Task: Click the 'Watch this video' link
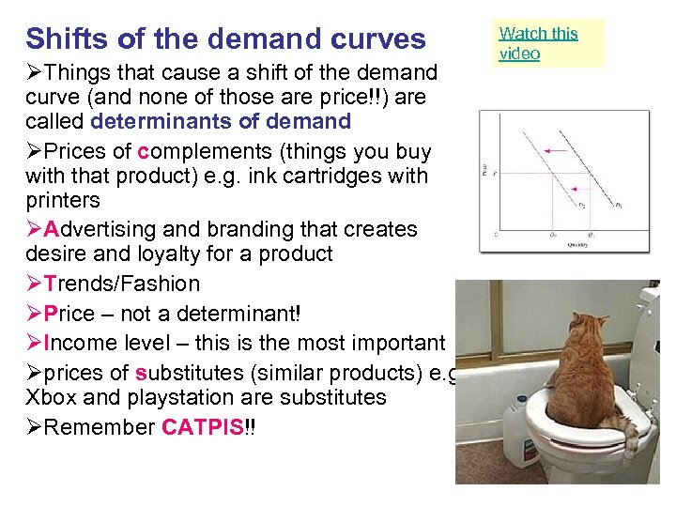click(x=538, y=43)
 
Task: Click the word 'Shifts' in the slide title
click(x=61, y=39)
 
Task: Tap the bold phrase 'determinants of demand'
click(x=221, y=121)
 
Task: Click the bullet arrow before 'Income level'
click(x=34, y=344)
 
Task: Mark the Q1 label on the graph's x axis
click(x=590, y=233)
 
